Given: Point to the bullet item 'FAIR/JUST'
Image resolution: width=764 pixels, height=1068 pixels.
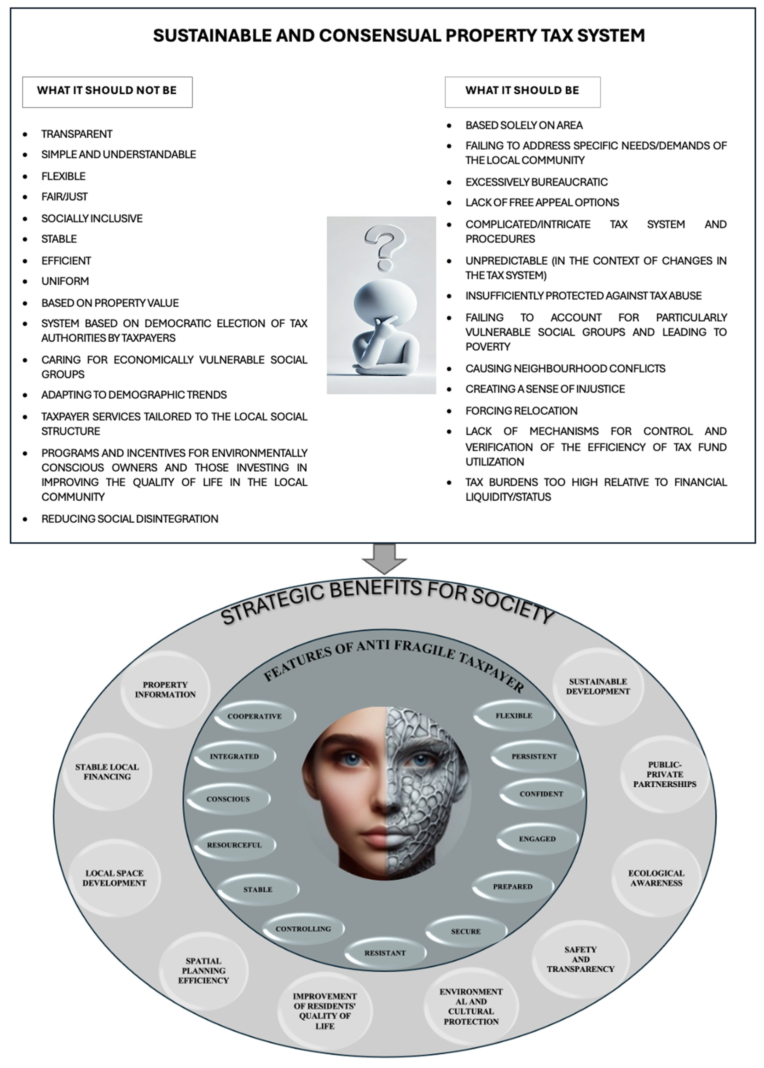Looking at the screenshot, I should pyautogui.click(x=64, y=197).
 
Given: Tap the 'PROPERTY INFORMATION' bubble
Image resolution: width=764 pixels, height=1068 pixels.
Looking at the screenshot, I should pyautogui.click(x=165, y=689).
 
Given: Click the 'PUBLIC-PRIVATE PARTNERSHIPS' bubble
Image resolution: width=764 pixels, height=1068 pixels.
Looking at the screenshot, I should pyautogui.click(x=664, y=774).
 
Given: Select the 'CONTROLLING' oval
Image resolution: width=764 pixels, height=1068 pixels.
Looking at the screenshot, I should pyautogui.click(x=303, y=929).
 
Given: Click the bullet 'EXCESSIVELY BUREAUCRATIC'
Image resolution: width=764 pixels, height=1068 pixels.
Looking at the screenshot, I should pyautogui.click(x=536, y=182).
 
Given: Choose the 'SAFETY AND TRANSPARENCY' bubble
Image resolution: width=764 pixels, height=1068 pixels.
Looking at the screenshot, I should pyautogui.click(x=581, y=959).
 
